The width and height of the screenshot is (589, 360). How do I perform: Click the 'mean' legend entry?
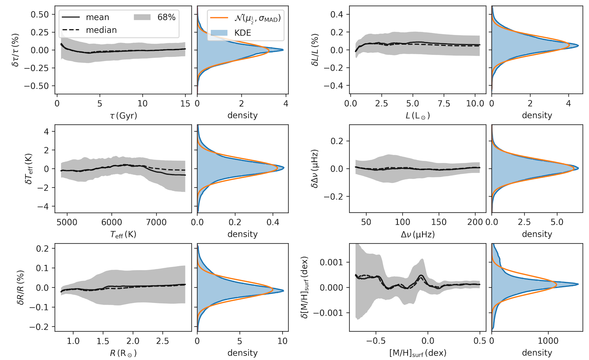(x=97, y=17)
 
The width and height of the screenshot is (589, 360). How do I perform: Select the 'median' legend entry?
(x=101, y=30)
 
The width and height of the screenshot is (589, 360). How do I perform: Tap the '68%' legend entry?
(x=166, y=17)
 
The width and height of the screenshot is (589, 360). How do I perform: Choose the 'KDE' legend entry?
(x=243, y=33)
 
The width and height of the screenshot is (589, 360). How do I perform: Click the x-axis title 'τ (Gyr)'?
(x=123, y=116)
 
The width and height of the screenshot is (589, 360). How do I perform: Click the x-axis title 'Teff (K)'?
(x=123, y=234)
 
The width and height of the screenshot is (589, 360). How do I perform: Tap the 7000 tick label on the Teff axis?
(x=156, y=222)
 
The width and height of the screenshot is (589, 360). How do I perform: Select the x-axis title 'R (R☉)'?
(x=123, y=353)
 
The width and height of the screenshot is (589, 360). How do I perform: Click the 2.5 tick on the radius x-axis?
(x=163, y=341)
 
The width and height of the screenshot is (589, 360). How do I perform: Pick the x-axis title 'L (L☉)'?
(x=418, y=116)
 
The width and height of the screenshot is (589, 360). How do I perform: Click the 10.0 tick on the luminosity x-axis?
(x=475, y=104)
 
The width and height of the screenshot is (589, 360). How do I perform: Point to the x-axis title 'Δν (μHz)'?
(x=418, y=234)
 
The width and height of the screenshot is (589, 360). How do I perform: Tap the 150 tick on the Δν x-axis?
(x=439, y=222)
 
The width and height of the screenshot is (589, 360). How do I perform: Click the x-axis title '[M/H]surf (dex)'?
(x=418, y=353)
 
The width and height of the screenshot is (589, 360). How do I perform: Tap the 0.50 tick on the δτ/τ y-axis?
(x=40, y=14)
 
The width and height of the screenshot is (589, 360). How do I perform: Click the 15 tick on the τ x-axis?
(x=185, y=104)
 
